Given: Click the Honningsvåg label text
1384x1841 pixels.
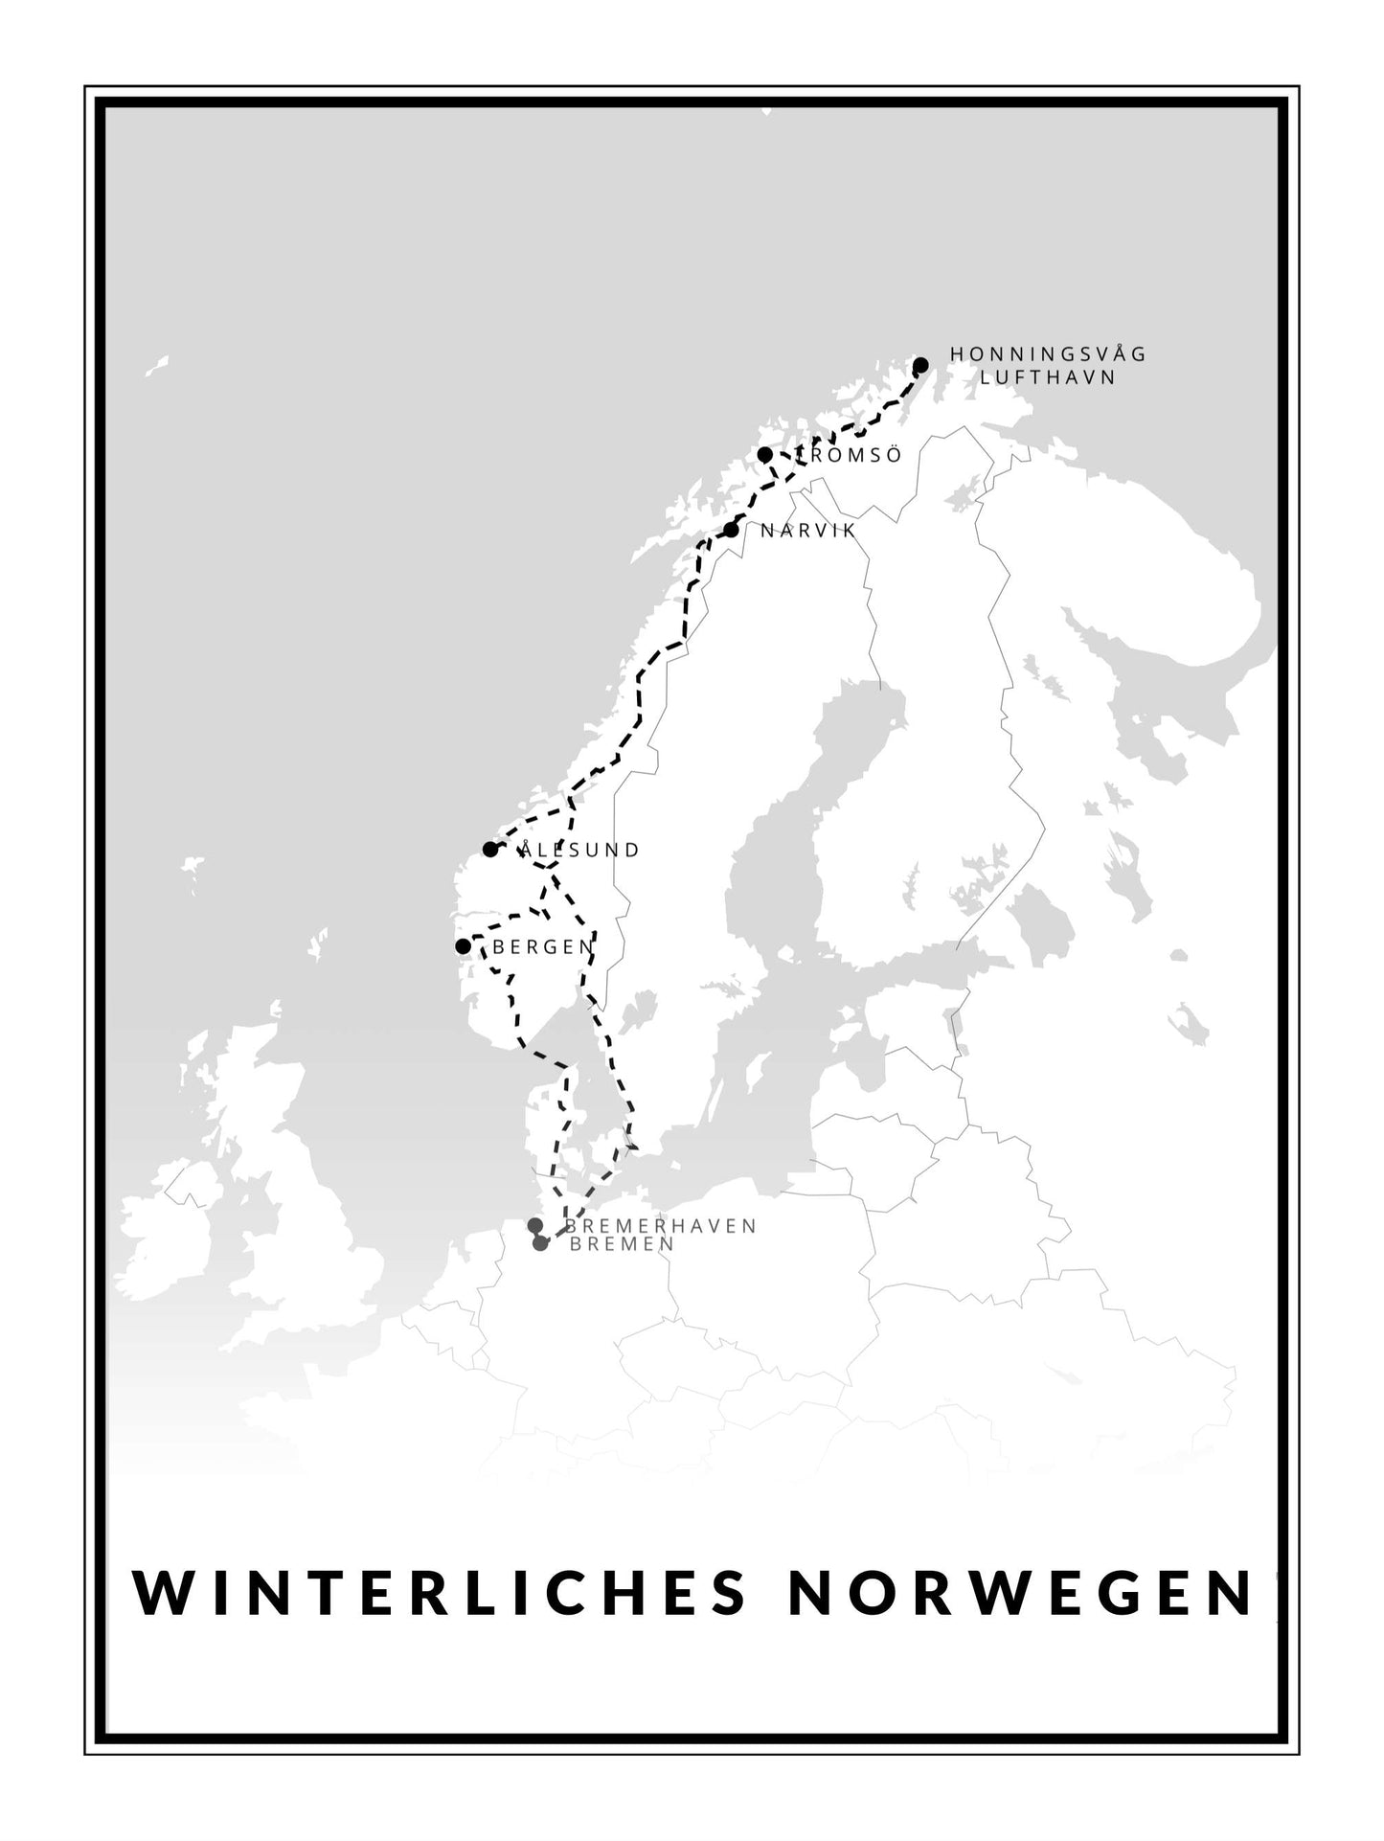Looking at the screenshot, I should pyautogui.click(x=1048, y=354).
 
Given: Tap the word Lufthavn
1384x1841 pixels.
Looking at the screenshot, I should pyautogui.click(x=1048, y=377).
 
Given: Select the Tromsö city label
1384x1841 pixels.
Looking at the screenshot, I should pyautogui.click(x=849, y=456).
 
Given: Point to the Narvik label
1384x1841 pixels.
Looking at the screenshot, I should pyautogui.click(x=807, y=530).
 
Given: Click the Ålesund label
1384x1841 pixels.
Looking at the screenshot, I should pyautogui.click(x=578, y=850).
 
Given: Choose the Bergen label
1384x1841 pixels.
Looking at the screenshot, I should pyautogui.click(x=543, y=947).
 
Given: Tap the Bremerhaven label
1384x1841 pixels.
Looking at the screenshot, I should pyautogui.click(x=661, y=1226).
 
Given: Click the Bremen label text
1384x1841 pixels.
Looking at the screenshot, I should pyautogui.click(x=622, y=1244).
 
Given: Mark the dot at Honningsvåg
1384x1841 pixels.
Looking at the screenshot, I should pyautogui.click(x=920, y=365).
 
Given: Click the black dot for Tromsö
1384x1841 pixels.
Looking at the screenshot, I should pyautogui.click(x=764, y=454).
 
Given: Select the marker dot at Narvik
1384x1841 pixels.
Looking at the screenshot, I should pyautogui.click(x=732, y=530).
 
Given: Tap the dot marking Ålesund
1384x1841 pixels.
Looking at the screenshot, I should pyautogui.click(x=489, y=850).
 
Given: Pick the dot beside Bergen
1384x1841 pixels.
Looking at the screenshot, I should pyautogui.click(x=463, y=946).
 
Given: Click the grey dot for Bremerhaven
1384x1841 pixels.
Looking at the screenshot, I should pyautogui.click(x=534, y=1226).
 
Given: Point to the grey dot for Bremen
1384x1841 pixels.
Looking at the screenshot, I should pyautogui.click(x=540, y=1243).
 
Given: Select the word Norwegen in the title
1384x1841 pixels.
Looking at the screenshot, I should pyautogui.click(x=1022, y=1592).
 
